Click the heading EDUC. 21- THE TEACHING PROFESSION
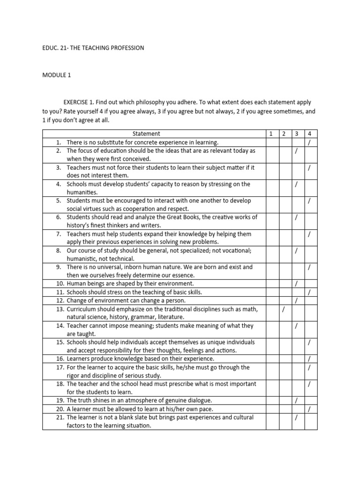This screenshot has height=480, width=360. (93, 48)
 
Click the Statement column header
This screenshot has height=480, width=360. (146, 134)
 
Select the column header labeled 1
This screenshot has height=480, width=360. (271, 134)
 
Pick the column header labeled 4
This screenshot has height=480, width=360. (309, 134)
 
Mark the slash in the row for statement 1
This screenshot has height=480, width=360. (309, 142)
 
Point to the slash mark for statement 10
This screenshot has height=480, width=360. (296, 284)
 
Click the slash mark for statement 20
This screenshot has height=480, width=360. (309, 409)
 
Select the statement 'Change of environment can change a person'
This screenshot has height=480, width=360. (126, 300)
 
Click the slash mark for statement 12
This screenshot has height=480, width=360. (296, 300)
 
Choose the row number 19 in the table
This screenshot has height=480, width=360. (60, 400)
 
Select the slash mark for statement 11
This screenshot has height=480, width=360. (309, 292)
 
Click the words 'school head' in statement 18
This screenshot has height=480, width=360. (129, 384)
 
